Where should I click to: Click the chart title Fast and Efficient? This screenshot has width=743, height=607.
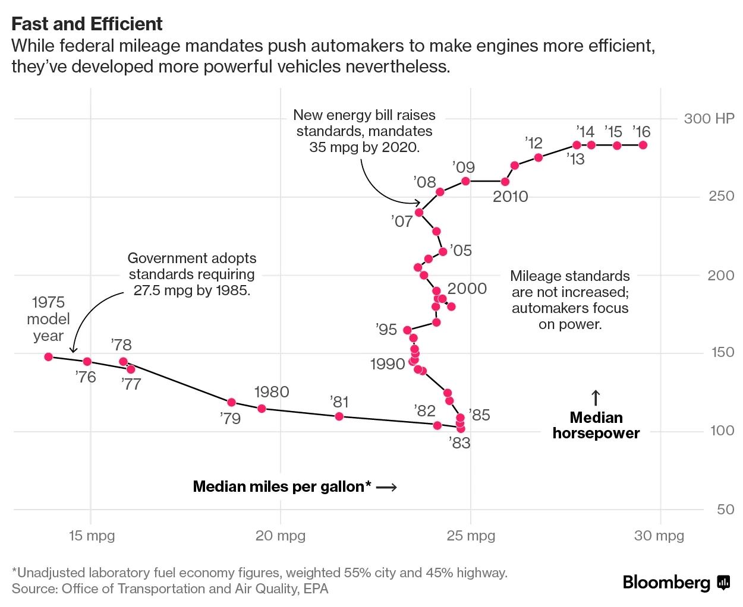coord(87,24)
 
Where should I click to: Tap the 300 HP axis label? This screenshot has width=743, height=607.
coord(709,119)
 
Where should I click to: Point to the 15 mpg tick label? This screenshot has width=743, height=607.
coord(92,536)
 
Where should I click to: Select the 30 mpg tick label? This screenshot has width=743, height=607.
coord(659,536)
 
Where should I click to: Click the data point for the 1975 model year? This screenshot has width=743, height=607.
coord(49,357)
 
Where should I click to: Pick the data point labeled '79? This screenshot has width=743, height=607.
coord(232,403)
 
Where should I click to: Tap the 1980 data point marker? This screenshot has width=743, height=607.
coord(262,409)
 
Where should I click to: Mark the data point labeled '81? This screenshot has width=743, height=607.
coord(339,416)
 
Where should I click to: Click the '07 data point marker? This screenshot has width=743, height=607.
coord(419,213)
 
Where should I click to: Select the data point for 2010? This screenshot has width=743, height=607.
coord(505,182)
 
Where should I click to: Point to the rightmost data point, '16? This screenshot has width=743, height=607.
coord(643,146)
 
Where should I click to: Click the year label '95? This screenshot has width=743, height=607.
coord(386,330)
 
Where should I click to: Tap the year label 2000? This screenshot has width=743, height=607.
coord(467,289)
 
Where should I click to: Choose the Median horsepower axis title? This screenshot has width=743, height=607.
coord(596,425)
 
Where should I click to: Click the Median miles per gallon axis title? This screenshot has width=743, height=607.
coord(282,487)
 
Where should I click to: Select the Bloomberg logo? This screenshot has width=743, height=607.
coord(675,583)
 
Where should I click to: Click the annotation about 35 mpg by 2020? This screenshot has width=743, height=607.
coord(364,131)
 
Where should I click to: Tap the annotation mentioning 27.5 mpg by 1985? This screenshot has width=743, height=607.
coord(192,274)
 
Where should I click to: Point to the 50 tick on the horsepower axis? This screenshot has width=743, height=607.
coord(725,510)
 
